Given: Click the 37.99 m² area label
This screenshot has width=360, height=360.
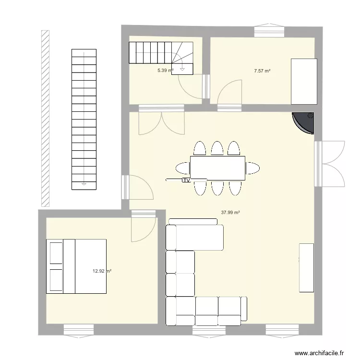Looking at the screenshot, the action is [x=230, y=213].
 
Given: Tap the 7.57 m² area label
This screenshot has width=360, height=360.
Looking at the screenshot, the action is [x=262, y=71].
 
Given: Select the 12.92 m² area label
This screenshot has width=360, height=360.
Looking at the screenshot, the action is [x=102, y=271].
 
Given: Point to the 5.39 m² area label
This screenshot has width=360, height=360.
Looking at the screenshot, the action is [x=165, y=71].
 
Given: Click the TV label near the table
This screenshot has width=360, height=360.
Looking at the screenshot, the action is [x=186, y=180].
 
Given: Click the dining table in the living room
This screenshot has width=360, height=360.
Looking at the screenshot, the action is [x=217, y=168].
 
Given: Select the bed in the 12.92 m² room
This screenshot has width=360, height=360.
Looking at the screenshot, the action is [x=76, y=266].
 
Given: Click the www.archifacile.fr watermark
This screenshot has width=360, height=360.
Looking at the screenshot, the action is [x=319, y=353].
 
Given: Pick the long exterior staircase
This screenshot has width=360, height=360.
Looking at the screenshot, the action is [x=84, y=120].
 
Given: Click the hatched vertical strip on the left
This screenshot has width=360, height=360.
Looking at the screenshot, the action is [x=45, y=119].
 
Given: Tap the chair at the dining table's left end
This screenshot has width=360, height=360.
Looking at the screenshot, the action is [x=183, y=168].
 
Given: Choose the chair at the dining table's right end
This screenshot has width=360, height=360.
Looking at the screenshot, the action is [x=252, y=168].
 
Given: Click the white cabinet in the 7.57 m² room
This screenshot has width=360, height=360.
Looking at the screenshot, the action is [x=304, y=82].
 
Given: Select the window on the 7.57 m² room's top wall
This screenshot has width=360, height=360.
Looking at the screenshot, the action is [x=269, y=30].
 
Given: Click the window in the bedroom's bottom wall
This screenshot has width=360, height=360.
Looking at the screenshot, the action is [x=79, y=331].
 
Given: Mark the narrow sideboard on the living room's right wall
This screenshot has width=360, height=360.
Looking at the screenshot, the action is [x=307, y=268].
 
